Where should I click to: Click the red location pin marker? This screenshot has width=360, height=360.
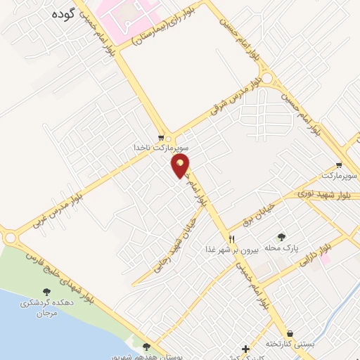pyautogui.click(x=181, y=166)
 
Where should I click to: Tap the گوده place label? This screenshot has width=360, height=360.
pyautogui.click(x=63, y=13)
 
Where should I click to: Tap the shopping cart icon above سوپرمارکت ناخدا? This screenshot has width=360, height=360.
pyautogui.click(x=162, y=138)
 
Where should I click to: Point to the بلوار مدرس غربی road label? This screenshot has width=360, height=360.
pyautogui.click(x=60, y=203)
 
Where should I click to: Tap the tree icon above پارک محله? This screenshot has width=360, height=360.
pyautogui.click(x=283, y=237)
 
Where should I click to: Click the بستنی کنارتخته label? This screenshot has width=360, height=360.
pyautogui.click(x=290, y=344)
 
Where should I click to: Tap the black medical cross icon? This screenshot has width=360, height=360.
pyautogui.click(x=245, y=349)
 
